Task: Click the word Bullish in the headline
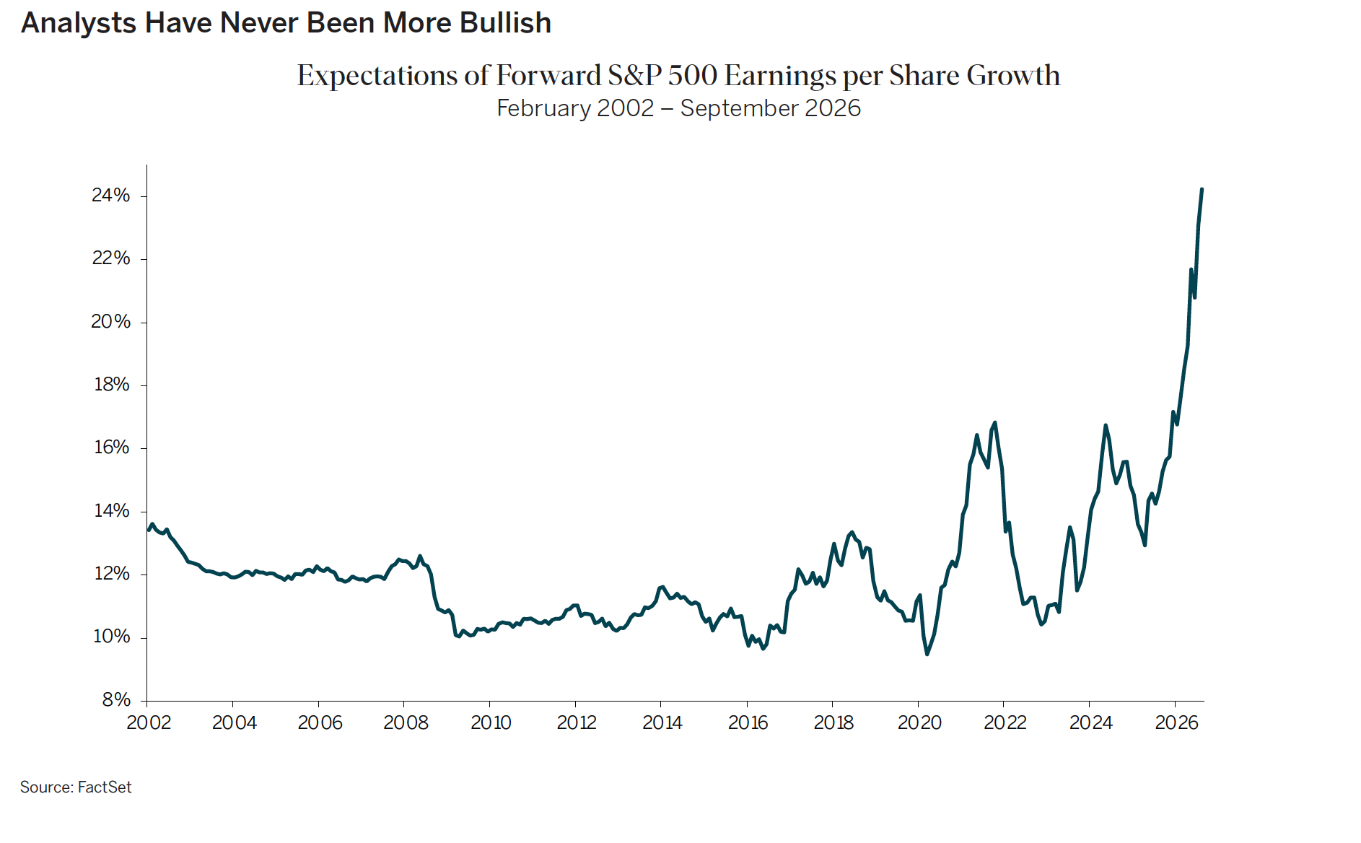click(505, 23)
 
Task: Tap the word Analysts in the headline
click(79, 23)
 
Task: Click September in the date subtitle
click(738, 108)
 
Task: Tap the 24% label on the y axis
click(111, 196)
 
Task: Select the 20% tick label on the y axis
click(111, 322)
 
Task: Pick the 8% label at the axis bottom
click(116, 699)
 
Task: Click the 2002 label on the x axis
click(149, 722)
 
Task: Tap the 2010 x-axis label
click(491, 722)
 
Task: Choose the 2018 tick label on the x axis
click(833, 722)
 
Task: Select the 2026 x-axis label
click(1177, 722)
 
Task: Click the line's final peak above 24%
click(1202, 189)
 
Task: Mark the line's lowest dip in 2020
click(927, 654)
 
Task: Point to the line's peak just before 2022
click(995, 422)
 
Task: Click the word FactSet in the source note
click(105, 787)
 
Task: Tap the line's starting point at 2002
click(149, 530)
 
